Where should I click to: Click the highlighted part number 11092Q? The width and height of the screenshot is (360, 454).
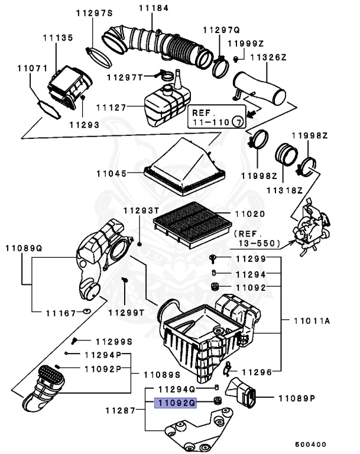coord(176,403)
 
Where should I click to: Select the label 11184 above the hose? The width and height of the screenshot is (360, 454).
coord(154,8)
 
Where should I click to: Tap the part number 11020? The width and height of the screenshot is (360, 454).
coord(250,214)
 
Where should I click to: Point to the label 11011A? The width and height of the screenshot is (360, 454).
coord(312,320)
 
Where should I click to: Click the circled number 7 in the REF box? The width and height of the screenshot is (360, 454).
coord(238,122)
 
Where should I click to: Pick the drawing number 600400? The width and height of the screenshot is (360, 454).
coord(311,444)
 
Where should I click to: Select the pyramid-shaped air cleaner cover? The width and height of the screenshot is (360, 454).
coord(184,166)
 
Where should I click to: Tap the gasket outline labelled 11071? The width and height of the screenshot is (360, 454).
coord(50,109)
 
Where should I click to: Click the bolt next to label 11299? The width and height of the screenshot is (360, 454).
coord(213,258)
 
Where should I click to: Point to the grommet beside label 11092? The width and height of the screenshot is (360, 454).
coord(215,287)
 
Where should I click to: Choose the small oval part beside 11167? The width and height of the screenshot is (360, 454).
coord(86,312)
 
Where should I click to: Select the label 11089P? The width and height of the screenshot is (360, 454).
coord(297,398)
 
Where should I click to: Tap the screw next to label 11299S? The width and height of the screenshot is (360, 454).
coord(74,340)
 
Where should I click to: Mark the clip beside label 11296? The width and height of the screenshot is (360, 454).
coord(227,369)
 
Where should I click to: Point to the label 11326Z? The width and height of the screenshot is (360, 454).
coord(268,57)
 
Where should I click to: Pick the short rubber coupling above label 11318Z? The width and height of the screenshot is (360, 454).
coord(286,154)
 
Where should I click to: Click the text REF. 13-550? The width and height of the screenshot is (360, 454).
coord(257,238)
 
